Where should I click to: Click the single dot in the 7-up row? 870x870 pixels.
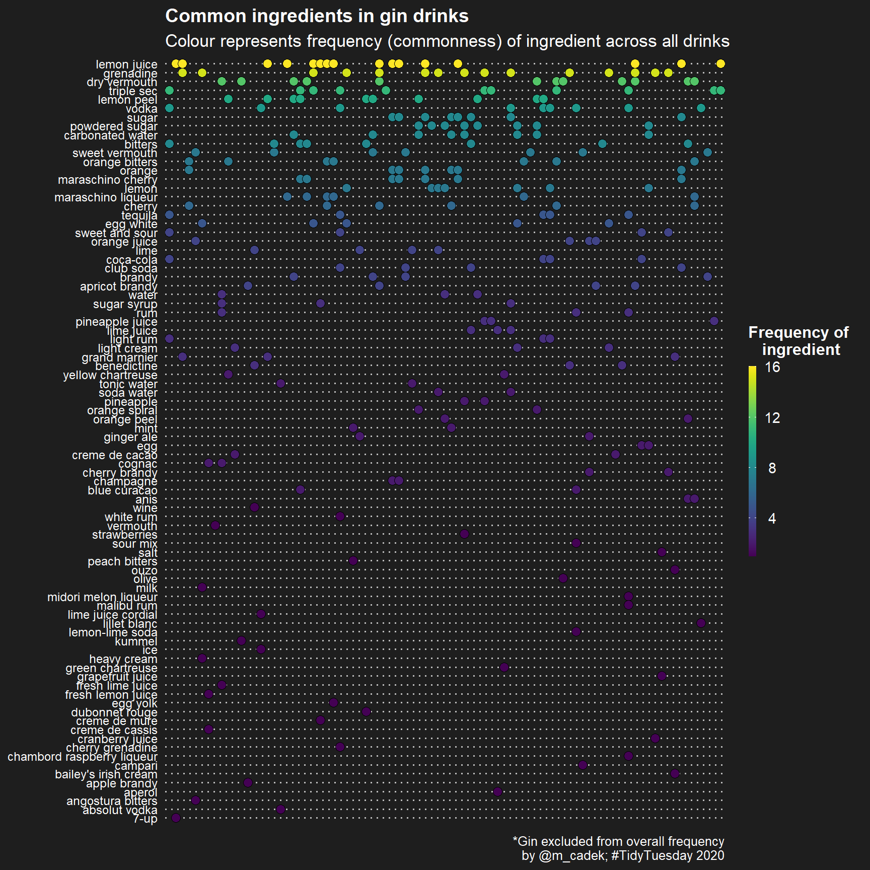176,818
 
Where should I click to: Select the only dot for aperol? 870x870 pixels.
497,791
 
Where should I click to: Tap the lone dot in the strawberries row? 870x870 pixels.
465,534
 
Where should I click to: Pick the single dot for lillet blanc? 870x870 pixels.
701,623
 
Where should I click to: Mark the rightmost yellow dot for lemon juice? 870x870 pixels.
720,63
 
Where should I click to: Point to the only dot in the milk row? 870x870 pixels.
202,587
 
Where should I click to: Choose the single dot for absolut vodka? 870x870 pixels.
281,809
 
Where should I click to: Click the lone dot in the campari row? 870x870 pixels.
583,765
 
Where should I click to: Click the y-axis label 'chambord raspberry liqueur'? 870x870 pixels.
83,757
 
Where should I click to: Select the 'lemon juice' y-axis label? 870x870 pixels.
126,64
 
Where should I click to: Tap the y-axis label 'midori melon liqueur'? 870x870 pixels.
102,597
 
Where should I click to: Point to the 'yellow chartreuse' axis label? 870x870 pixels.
110,375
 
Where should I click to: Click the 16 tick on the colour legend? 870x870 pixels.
772,367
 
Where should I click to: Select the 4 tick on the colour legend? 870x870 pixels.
772,519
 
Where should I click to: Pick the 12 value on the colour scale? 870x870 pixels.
772,418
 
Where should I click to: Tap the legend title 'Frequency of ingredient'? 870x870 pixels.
799,341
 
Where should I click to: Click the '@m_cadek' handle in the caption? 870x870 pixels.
572,855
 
